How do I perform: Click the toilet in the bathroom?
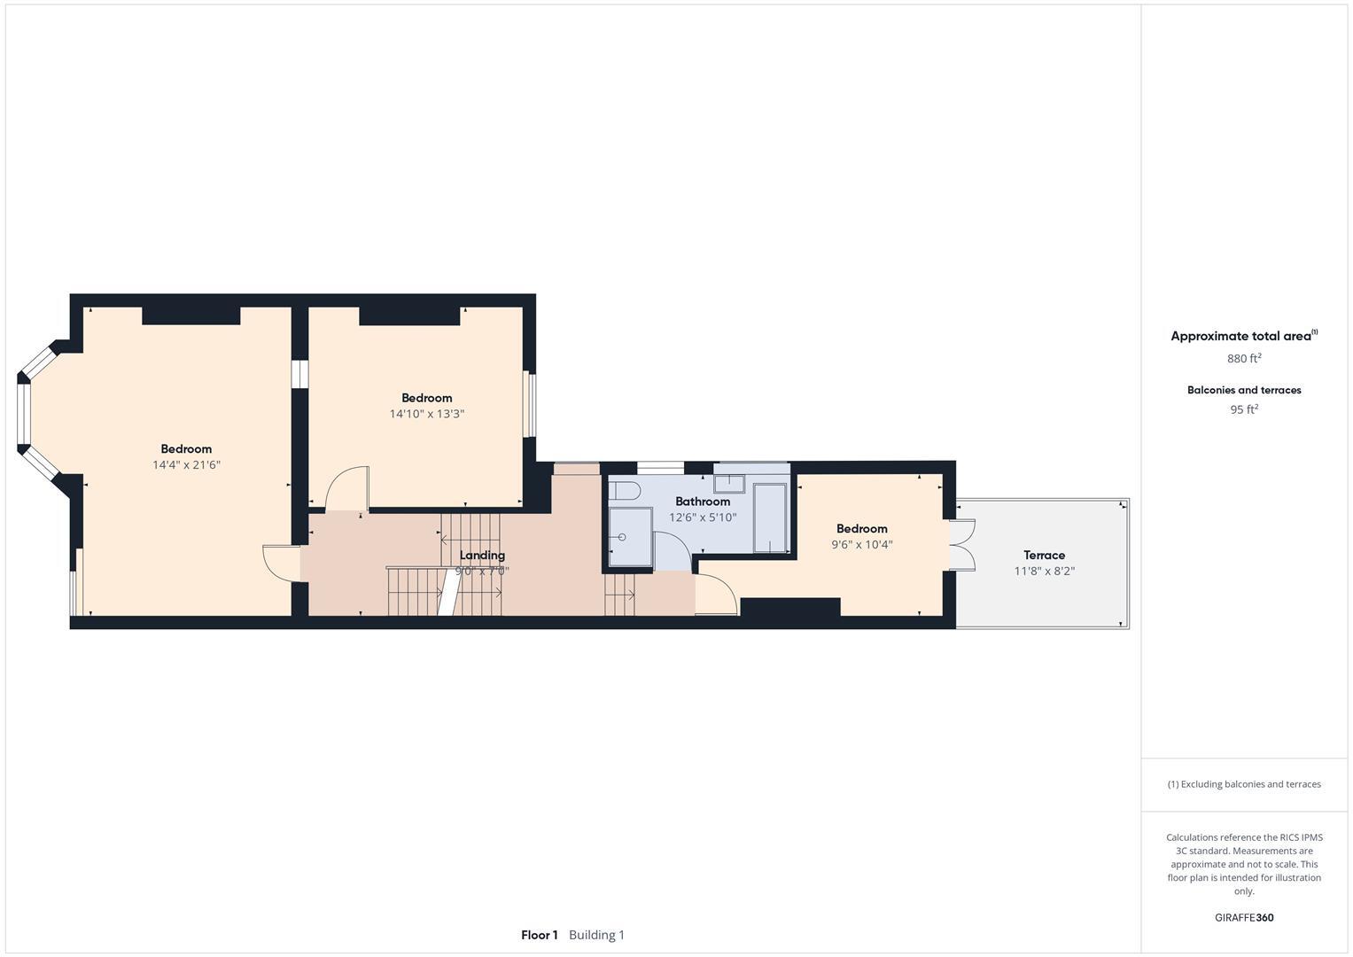pos(625,491)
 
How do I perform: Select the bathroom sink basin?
pos(730,483)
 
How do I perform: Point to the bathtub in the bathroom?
pos(770,517)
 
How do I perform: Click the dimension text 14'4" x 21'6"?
pos(186,464)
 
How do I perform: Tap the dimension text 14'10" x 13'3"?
pos(426,414)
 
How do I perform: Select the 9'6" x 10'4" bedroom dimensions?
pos(861,545)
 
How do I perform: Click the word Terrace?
pos(1044,556)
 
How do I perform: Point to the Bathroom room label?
pos(702,502)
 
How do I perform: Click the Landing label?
pos(482,556)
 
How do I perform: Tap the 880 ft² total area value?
pos(1243,359)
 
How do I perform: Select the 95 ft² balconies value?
pos(1243,409)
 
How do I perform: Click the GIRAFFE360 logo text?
pos(1243,918)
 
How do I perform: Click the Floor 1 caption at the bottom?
pos(539,935)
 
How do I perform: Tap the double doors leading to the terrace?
pos(962,545)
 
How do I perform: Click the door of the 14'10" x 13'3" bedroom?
pos(346,489)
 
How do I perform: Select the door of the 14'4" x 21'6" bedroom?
pos(281,563)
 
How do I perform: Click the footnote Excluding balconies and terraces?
pos(1243,784)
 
